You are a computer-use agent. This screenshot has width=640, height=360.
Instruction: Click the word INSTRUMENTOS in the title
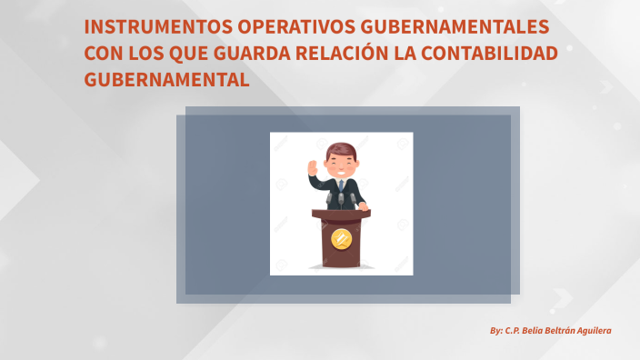coord(154,28)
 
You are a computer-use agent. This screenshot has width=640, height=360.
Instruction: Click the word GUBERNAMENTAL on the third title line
coord(166,79)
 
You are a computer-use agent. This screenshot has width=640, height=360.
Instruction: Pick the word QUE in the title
coord(189,54)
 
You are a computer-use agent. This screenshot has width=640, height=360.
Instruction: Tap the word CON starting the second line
coord(103,54)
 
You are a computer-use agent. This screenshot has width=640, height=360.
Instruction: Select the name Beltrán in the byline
coord(548,331)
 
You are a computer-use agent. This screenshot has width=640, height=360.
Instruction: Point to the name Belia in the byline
coord(517,331)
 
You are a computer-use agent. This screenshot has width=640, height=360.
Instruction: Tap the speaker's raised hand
coord(314,167)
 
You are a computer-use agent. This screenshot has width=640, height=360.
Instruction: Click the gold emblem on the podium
coord(342,240)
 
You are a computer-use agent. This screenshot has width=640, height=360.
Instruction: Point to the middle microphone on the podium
coord(342,198)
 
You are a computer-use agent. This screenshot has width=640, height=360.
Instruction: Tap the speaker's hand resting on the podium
coord(363,206)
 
